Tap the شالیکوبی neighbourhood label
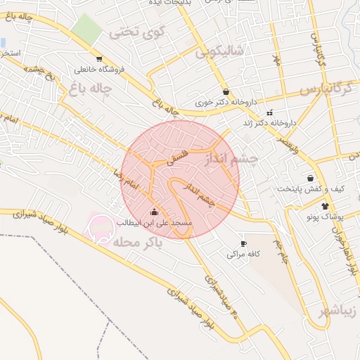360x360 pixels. click(219, 51)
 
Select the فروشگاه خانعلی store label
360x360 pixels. click(98, 70)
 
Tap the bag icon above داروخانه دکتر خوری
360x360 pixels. click(226, 91)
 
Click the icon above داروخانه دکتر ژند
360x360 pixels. click(269, 112)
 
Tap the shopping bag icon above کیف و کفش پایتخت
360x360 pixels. click(310, 178)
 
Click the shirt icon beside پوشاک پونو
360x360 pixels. click(324, 206)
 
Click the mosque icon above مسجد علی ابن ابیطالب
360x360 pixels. click(155, 212)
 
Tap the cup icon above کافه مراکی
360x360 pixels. click(243, 243)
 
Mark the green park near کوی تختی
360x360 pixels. click(86, 28)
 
